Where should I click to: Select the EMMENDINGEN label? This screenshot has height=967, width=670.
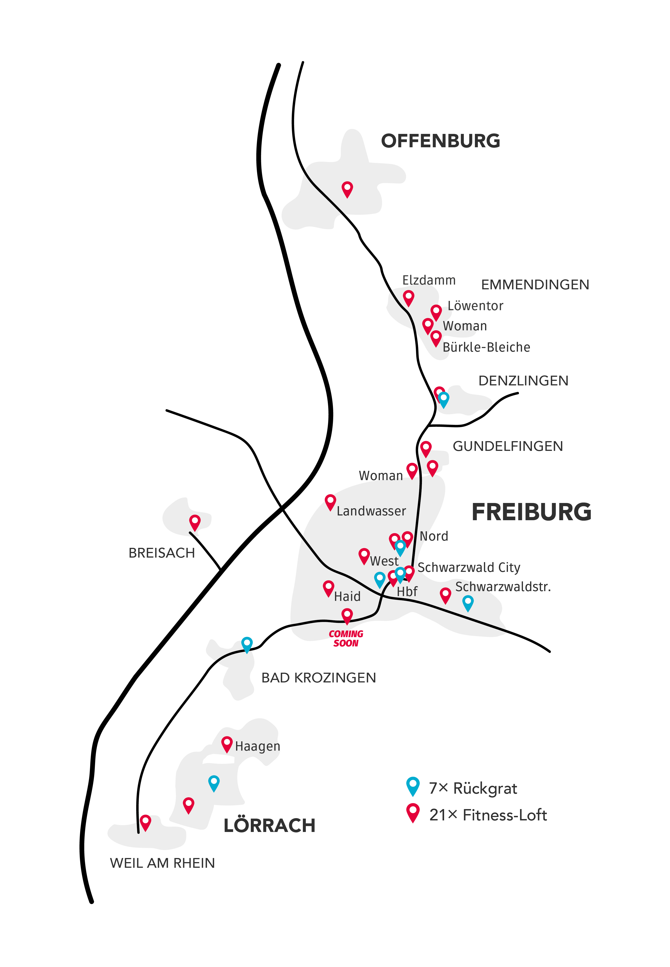(x=535, y=285)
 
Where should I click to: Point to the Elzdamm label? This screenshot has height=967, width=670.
(x=429, y=280)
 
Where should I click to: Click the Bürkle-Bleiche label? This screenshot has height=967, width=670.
(x=486, y=347)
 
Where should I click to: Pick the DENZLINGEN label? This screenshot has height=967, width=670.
(x=523, y=381)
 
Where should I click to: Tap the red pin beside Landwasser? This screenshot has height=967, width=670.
(x=330, y=502)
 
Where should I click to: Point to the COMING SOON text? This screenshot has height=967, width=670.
(x=346, y=638)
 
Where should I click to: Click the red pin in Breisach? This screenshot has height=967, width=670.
(x=195, y=522)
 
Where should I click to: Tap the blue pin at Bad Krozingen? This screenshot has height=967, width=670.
(x=247, y=644)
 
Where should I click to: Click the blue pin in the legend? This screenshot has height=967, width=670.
(x=413, y=786)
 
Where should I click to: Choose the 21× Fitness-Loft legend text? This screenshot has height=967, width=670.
(x=488, y=815)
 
